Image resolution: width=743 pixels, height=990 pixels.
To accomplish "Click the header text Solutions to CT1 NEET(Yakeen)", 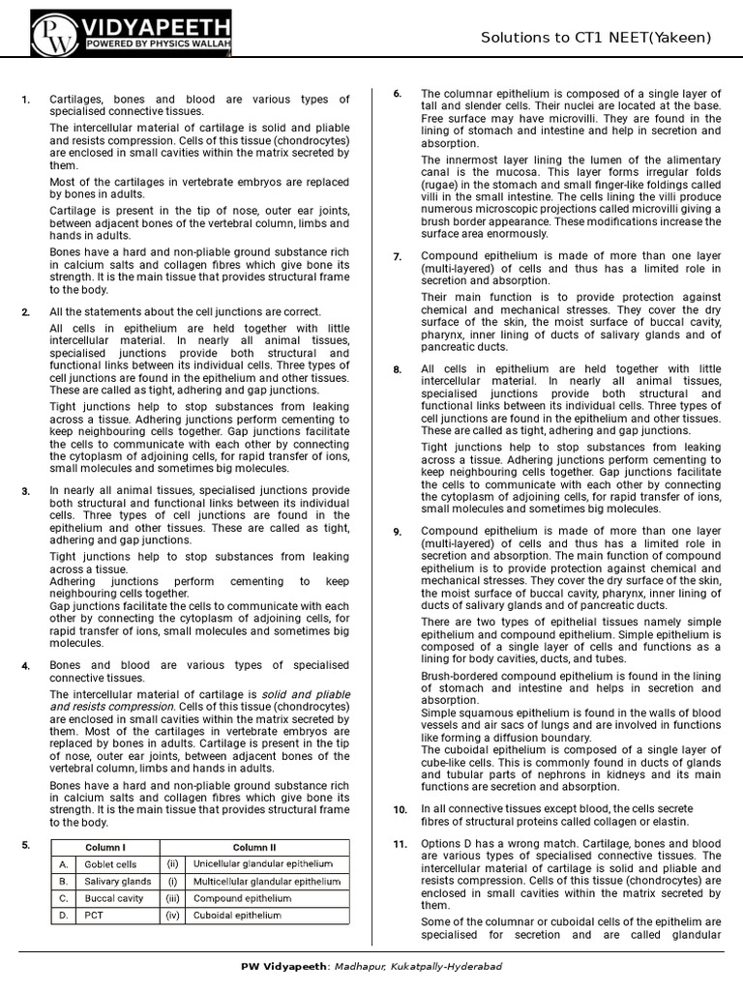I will pyautogui.click(x=596, y=38).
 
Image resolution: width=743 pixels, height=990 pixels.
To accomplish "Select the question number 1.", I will pyautogui.click(x=26, y=100).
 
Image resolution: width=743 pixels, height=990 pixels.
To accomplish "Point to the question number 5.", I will pyautogui.click(x=26, y=845).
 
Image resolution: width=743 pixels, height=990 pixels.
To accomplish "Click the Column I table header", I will pyautogui.click(x=105, y=848).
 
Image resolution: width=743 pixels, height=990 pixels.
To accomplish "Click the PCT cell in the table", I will pyautogui.click(x=94, y=915).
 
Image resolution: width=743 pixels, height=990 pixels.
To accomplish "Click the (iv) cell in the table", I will pyautogui.click(x=172, y=915).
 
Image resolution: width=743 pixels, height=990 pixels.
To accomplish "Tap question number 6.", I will pyautogui.click(x=398, y=93).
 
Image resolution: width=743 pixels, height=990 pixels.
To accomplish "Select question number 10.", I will pyautogui.click(x=400, y=809).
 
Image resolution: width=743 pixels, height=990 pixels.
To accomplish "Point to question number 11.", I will pyautogui.click(x=400, y=844).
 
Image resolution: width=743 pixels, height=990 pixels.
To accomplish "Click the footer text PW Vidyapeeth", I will pyautogui.click(x=282, y=966).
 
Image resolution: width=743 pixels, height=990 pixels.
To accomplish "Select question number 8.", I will pyautogui.click(x=398, y=369).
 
